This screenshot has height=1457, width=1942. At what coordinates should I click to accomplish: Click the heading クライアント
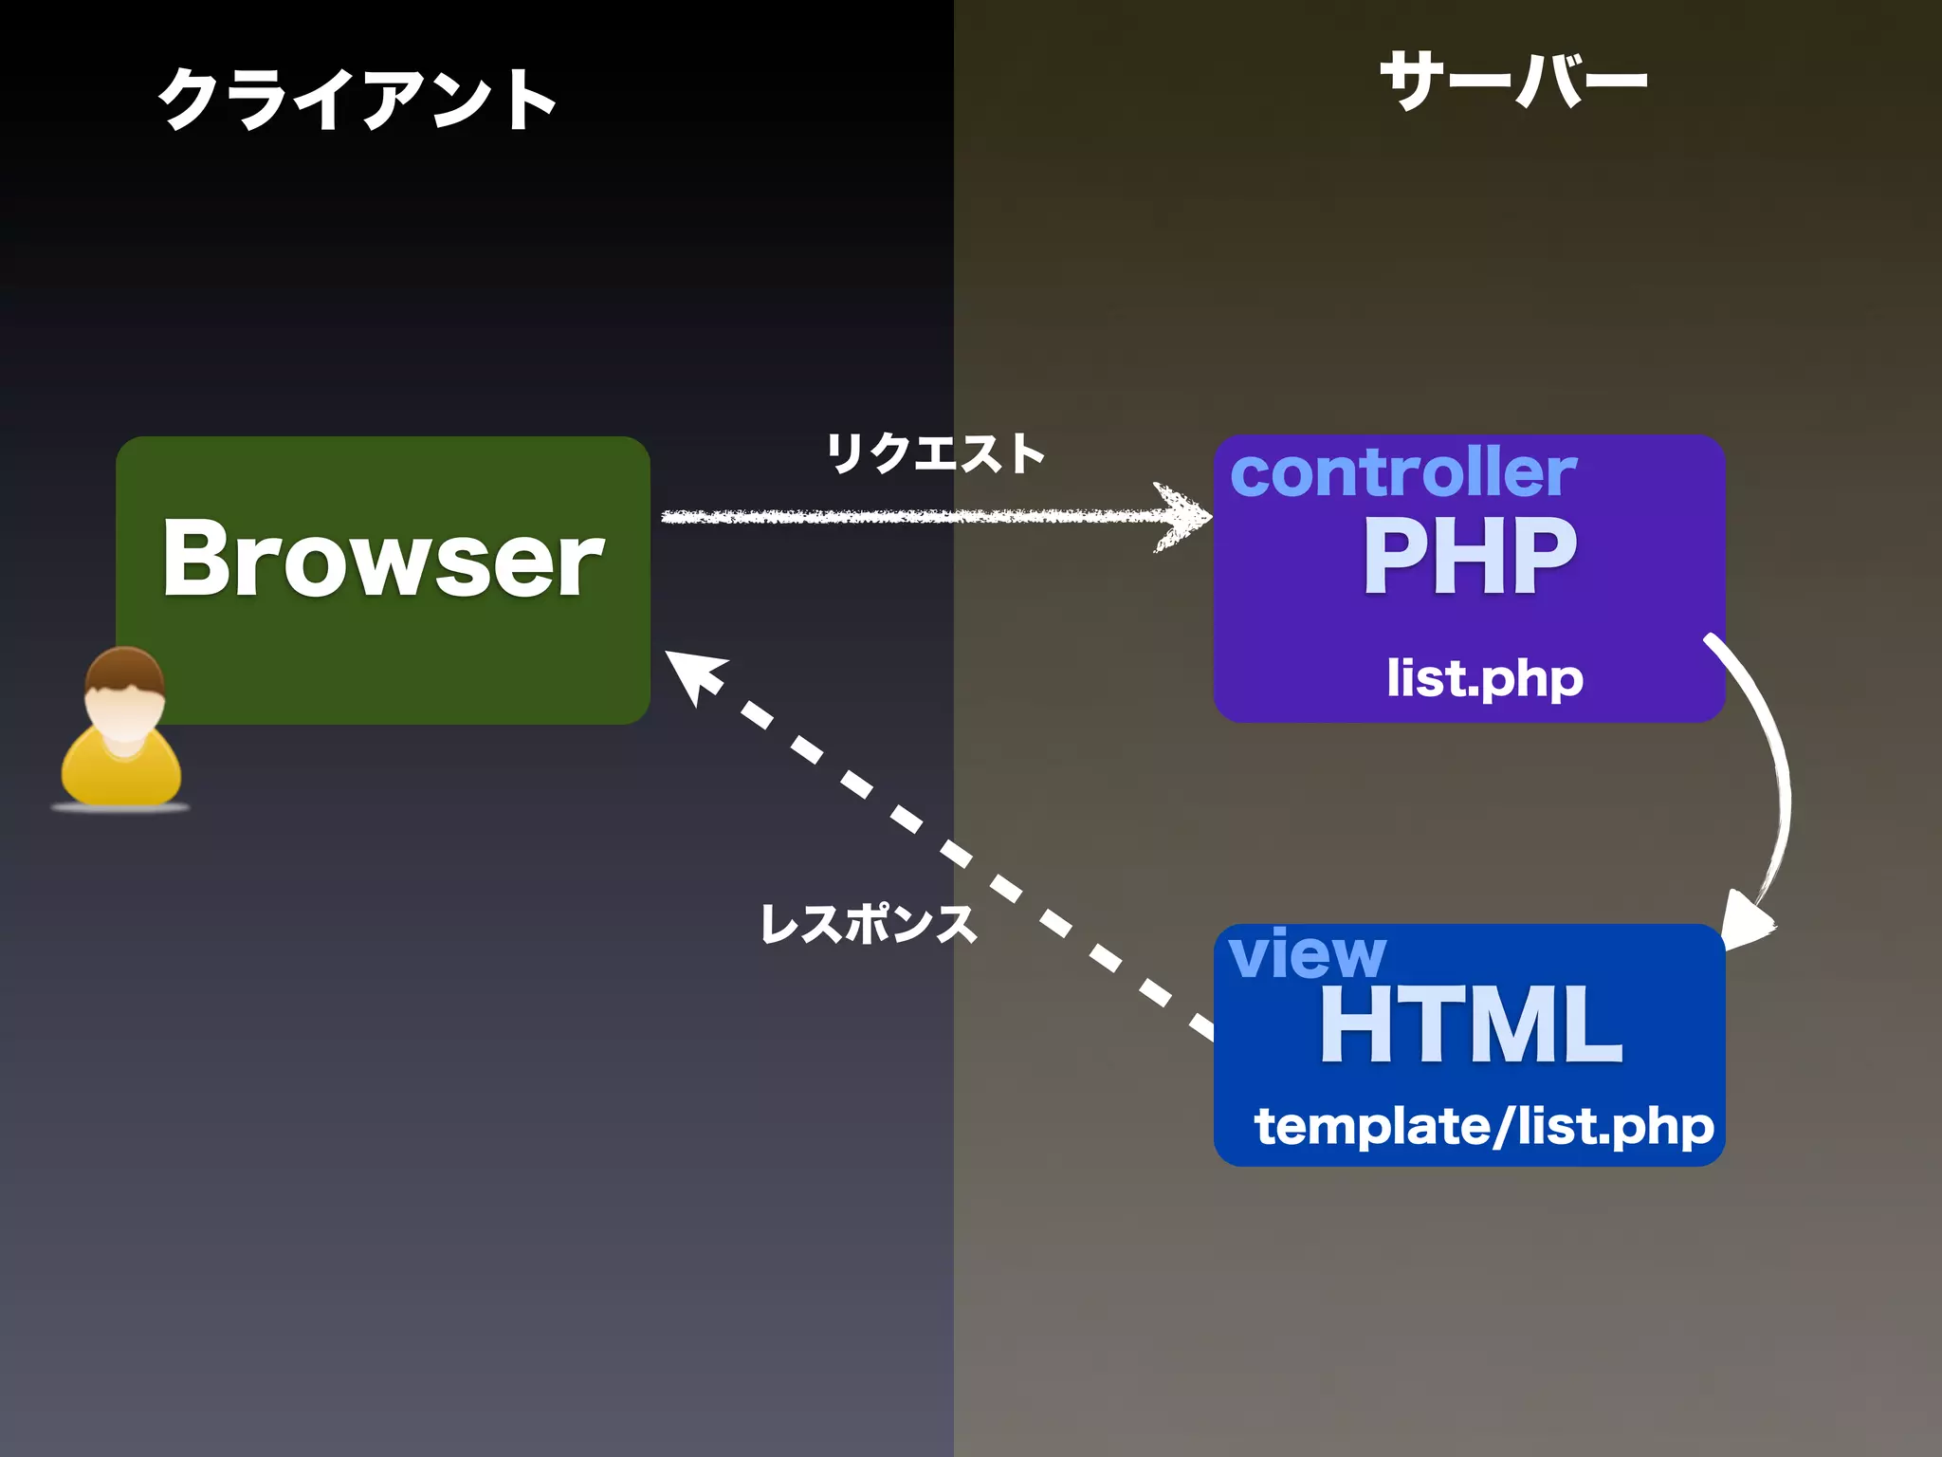point(357,99)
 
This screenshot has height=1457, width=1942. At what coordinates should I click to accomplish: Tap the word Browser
point(382,559)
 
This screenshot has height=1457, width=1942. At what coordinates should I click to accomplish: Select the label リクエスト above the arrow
point(935,452)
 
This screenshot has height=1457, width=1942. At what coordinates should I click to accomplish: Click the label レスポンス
point(868,923)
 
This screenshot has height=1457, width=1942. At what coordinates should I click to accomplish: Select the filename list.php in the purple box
point(1484,678)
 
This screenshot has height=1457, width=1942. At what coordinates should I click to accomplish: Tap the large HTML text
point(1471,1025)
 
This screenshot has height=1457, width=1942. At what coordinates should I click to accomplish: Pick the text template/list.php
point(1484,1126)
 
